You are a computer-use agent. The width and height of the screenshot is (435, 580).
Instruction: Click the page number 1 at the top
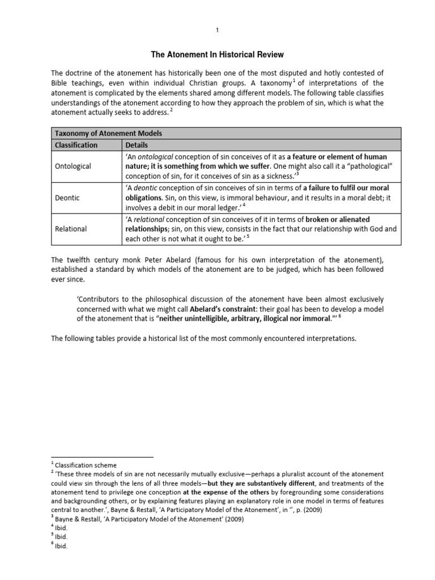[217, 30]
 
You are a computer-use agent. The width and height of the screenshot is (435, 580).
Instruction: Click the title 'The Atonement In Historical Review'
[217, 54]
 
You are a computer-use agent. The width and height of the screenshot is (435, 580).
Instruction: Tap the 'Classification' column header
[75, 144]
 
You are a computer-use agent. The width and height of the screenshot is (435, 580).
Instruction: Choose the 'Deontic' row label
[68, 198]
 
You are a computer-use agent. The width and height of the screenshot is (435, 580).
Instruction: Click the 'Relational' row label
[71, 229]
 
